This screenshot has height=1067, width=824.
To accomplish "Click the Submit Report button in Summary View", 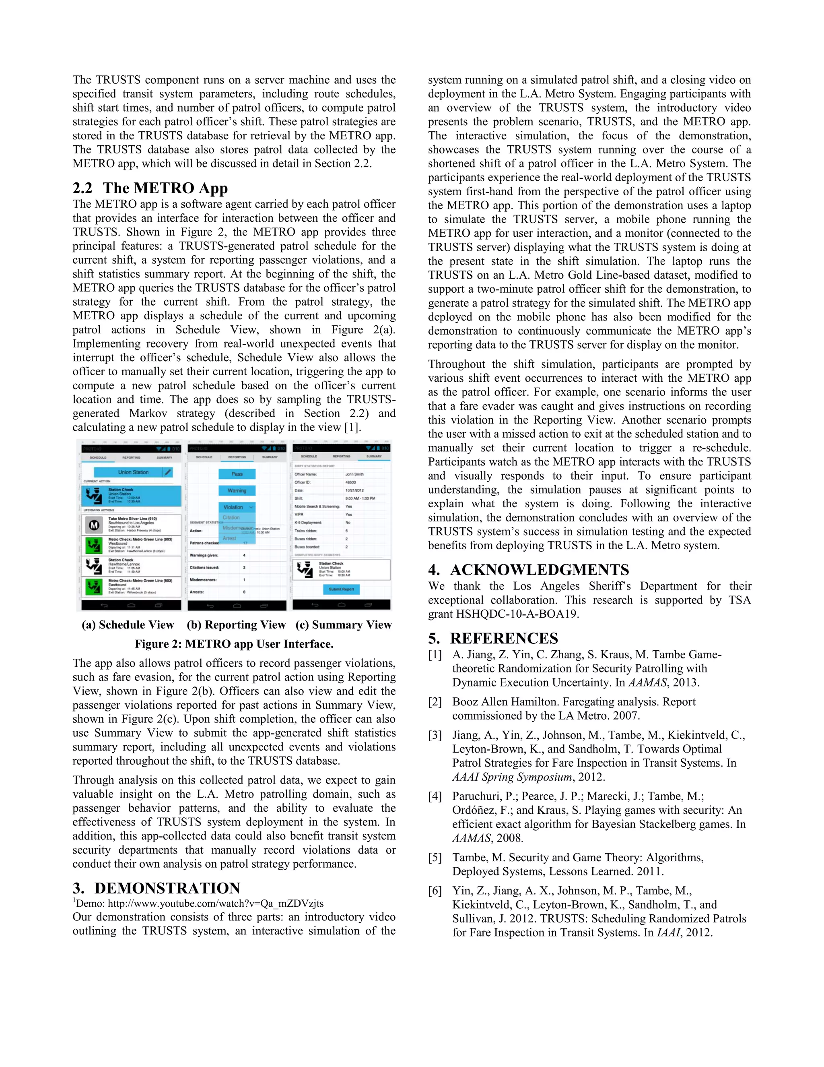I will tap(341, 589).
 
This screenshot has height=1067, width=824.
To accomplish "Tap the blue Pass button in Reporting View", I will tap(237, 474).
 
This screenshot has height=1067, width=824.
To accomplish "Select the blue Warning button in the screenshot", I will tap(237, 490).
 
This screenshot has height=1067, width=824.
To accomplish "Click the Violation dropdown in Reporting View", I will tap(237, 507).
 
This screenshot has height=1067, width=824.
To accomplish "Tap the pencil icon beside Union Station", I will tap(167, 472).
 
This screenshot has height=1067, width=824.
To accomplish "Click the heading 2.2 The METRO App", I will tap(150, 188).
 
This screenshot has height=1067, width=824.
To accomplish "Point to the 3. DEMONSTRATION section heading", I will tap(156, 888).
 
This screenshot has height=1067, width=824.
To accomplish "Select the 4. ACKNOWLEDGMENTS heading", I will tap(528, 570).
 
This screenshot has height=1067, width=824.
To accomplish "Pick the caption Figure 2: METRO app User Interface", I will tap(234, 644).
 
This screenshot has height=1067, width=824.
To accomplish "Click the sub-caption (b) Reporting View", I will tap(236, 625).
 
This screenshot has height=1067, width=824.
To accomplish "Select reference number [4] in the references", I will tap(435, 796).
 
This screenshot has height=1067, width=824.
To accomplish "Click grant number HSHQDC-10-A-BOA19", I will tap(517, 614).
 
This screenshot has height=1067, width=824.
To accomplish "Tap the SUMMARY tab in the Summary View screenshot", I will tap(374, 456).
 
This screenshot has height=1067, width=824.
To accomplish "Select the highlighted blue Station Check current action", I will tap(131, 495).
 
